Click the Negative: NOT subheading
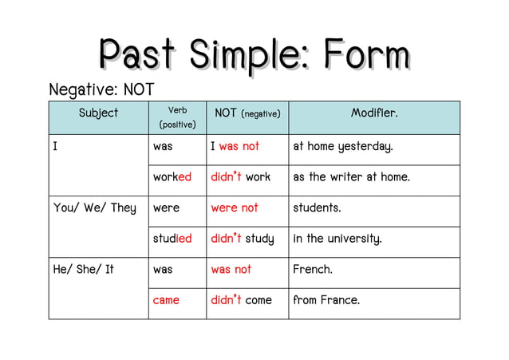click(101, 89)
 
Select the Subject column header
click(98, 113)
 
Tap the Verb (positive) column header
click(177, 117)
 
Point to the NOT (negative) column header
click(247, 114)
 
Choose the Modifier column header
click(374, 113)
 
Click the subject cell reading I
click(55, 147)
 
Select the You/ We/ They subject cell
click(94, 208)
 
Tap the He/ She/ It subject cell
click(83, 270)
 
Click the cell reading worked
click(172, 177)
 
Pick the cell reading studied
click(172, 239)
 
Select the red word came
click(166, 301)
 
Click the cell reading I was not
click(235, 147)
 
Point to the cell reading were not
click(235, 208)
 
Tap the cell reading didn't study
click(242, 239)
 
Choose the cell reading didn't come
click(241, 301)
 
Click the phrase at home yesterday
click(343, 147)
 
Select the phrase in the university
click(337, 239)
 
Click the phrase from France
click(326, 301)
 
